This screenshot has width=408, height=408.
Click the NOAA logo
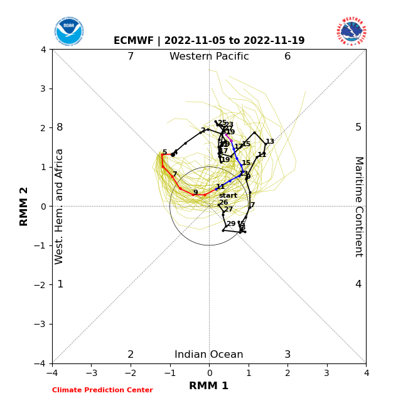(x=69, y=31)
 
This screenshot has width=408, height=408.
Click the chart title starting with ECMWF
(x=209, y=41)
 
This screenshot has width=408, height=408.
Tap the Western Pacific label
(x=209, y=56)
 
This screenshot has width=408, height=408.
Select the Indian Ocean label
(x=209, y=355)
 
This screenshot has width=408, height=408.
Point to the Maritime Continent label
(x=358, y=207)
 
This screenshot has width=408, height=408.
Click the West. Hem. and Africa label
(x=60, y=207)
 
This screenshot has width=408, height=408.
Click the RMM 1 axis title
(x=209, y=386)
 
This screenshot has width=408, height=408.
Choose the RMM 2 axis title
(x=24, y=207)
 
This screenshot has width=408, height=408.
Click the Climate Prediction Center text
(x=102, y=390)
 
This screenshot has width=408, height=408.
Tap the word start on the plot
(x=228, y=196)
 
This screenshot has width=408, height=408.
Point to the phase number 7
(x=131, y=56)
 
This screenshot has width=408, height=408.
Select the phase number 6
(x=287, y=56)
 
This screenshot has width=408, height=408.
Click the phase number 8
(x=60, y=127)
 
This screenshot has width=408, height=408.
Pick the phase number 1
(x=60, y=284)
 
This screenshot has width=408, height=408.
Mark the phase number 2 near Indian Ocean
(x=131, y=355)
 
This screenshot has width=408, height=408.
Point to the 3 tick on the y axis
(x=43, y=89)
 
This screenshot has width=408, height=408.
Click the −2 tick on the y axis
(x=41, y=285)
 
